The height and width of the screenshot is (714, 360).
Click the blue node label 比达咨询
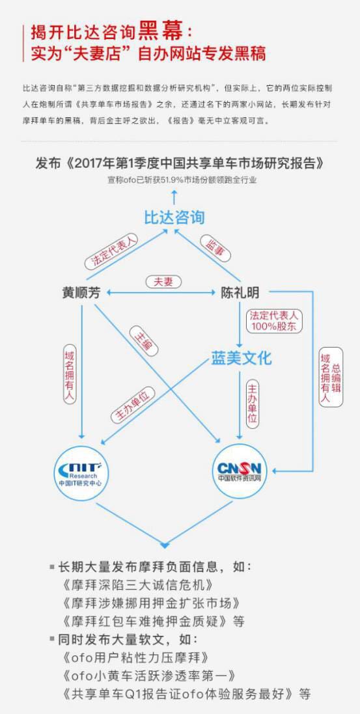pos(174,217)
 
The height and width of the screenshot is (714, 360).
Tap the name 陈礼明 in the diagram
pos(240,293)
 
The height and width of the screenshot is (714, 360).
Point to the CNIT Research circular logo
pos(81,473)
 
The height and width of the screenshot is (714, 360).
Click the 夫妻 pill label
pos(163,282)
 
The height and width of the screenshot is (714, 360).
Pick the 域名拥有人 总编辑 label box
pos(331,377)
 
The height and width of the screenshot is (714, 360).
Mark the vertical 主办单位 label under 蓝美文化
pos(253,404)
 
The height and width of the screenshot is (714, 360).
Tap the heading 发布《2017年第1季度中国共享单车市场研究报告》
pos(180,163)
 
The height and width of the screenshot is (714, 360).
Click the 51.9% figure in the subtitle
pos(172,180)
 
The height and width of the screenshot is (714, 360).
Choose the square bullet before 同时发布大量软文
pos(52,639)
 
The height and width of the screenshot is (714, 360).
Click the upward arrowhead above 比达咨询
pos(174,193)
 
